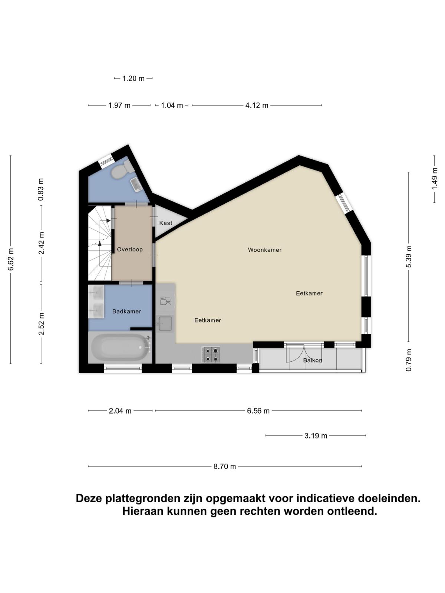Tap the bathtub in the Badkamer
point(121,347)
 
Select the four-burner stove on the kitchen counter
point(211,354)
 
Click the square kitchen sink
point(165,324)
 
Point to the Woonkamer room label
point(264,250)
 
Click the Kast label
point(166,223)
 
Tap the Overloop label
point(130,249)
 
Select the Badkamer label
point(127,311)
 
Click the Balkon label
point(313,360)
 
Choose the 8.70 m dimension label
point(225,467)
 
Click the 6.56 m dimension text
point(258,411)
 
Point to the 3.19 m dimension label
point(316,436)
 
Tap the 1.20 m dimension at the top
point(133,79)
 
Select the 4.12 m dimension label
point(257,105)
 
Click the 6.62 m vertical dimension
point(10,259)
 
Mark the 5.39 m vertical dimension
point(409,256)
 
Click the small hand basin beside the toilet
point(137,185)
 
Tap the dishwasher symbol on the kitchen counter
point(165,301)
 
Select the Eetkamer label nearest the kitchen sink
point(208,320)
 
